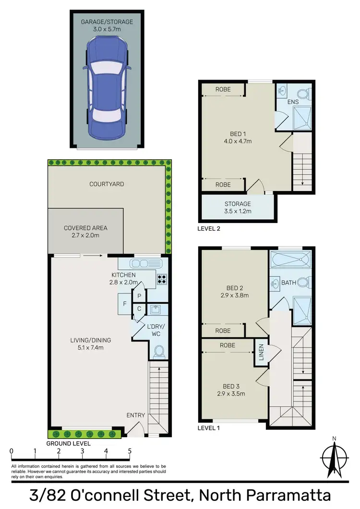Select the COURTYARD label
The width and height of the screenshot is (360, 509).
(107, 184)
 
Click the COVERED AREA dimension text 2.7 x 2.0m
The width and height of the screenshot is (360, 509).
(85, 236)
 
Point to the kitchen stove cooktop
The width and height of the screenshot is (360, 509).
(162, 277)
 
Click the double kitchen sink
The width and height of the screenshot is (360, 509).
(142, 263)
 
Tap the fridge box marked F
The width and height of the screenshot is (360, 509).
(125, 304)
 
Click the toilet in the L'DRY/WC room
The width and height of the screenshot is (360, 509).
(159, 352)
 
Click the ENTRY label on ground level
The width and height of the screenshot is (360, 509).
(135, 415)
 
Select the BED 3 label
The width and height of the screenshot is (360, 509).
(231, 386)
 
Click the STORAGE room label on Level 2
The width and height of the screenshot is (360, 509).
(238, 204)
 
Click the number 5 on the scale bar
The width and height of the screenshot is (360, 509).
(129, 451)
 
